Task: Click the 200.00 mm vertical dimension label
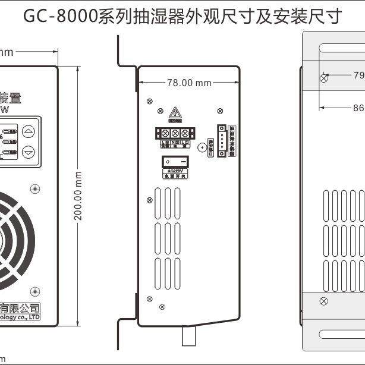click(78, 196)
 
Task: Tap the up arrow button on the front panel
click(29, 131)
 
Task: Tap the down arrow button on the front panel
click(29, 152)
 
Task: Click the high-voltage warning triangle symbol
click(175, 112)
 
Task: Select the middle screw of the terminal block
click(175, 133)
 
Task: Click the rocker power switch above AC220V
click(175, 161)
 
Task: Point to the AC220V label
click(175, 171)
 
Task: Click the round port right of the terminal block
click(203, 147)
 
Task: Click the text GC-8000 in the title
click(59, 16)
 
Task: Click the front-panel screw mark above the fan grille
click(36, 188)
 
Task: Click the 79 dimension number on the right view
click(358, 75)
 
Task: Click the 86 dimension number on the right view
click(358, 108)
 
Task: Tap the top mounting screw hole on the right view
click(323, 78)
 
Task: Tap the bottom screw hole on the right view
click(323, 301)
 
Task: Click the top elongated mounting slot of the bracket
click(342, 47)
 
